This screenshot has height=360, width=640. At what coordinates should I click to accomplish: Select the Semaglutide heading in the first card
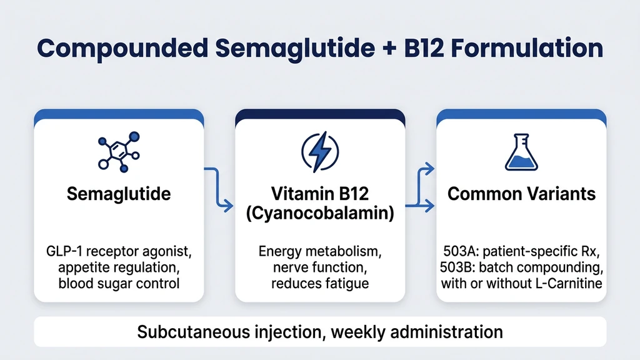[119, 194]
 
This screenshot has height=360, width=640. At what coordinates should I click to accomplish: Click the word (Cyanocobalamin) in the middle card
[319, 212]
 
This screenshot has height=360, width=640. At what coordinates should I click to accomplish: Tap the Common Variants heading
[521, 194]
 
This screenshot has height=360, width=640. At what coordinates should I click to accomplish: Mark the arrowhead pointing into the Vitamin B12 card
[229, 204]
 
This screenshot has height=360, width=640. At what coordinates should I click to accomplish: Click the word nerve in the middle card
[289, 268]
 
